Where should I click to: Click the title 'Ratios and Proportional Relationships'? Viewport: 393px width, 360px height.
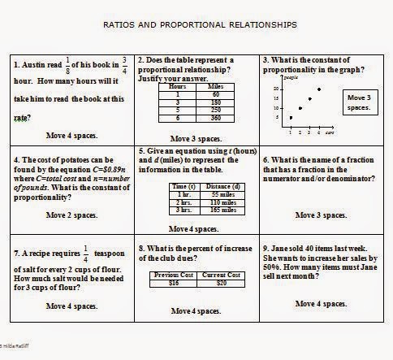coord(196,25)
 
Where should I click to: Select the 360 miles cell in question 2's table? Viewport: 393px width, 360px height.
coord(217,119)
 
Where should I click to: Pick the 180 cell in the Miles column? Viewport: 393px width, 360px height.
coord(217,102)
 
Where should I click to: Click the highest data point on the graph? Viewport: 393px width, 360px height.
coord(319,89)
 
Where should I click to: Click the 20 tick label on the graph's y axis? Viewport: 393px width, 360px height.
coord(278,89)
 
